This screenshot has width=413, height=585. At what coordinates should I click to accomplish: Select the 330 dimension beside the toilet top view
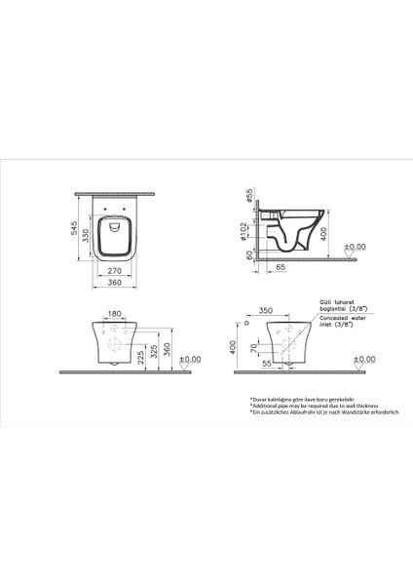(86, 235)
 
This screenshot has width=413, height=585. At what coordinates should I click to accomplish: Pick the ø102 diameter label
(245, 233)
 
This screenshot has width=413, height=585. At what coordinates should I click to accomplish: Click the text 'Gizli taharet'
(328, 305)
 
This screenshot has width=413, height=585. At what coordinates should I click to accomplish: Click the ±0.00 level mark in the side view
(357, 248)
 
